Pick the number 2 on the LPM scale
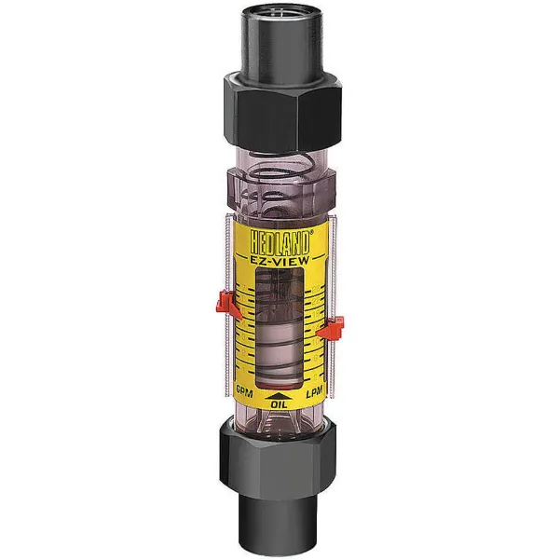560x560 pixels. (x=315, y=377)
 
